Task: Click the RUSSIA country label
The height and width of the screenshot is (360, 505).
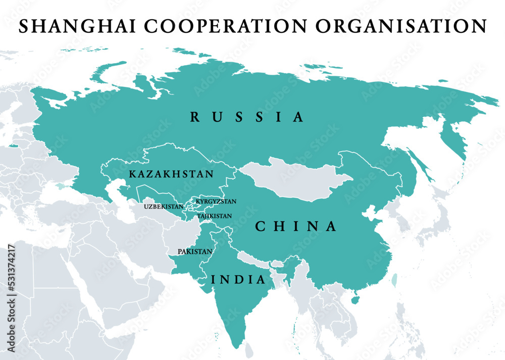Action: tap(247, 118)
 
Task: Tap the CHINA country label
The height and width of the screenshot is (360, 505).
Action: tap(296, 227)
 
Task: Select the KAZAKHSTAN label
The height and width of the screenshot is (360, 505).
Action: tap(171, 174)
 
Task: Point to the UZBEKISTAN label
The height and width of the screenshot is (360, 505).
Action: tap(164, 207)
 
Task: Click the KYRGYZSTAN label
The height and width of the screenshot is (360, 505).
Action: tap(216, 201)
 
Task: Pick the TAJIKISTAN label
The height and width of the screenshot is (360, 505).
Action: tap(215, 216)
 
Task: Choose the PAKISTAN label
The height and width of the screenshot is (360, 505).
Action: tap(195, 251)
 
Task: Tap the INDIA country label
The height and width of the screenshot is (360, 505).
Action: tap(238, 279)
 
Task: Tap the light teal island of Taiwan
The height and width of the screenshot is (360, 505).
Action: tap(394, 279)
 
